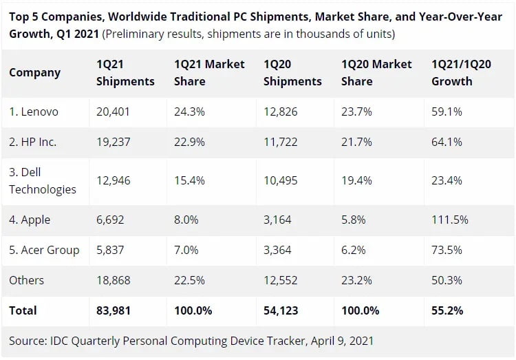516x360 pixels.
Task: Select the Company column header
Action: pyautogui.click(x=35, y=72)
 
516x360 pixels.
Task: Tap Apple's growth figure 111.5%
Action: pyautogui.click(x=450, y=220)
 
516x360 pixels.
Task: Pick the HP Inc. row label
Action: pyautogui.click(x=32, y=142)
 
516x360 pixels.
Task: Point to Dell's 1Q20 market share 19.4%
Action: pyautogui.click(x=356, y=180)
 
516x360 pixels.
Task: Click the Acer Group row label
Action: pyautogui.click(x=44, y=250)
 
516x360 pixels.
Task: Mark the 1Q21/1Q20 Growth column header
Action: pyautogui.click(x=462, y=72)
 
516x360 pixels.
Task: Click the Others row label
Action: pyautogui.click(x=27, y=280)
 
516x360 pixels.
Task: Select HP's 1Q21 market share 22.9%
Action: pyautogui.click(x=190, y=142)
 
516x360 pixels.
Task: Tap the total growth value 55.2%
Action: pyautogui.click(x=447, y=310)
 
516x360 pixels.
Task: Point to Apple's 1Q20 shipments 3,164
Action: pyautogui.click(x=278, y=220)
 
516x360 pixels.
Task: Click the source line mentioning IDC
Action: pyautogui.click(x=191, y=340)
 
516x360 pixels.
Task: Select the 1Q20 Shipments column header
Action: pyautogui.click(x=292, y=72)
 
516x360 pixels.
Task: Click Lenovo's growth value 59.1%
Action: pyautogui.click(x=447, y=112)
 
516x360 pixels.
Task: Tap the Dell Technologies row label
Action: pyautogui.click(x=43, y=180)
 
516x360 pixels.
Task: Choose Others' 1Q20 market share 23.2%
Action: pyautogui.click(x=356, y=280)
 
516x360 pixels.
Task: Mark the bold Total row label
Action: pyautogui.click(x=23, y=310)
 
